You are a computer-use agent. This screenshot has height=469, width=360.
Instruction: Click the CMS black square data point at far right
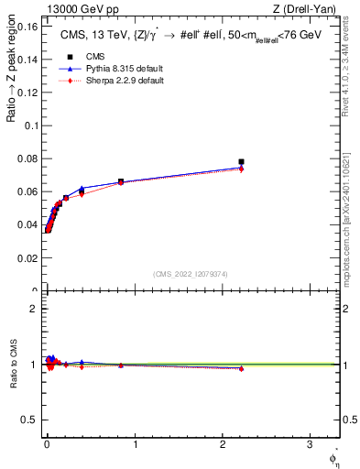tap(241, 162)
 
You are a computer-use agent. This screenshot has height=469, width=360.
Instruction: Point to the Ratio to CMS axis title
tap(13, 365)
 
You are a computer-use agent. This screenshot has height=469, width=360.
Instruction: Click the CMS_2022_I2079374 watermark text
tap(191, 274)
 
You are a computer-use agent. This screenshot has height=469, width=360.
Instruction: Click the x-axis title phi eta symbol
tap(333, 456)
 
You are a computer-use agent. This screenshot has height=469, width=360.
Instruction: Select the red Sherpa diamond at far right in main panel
tap(241, 169)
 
